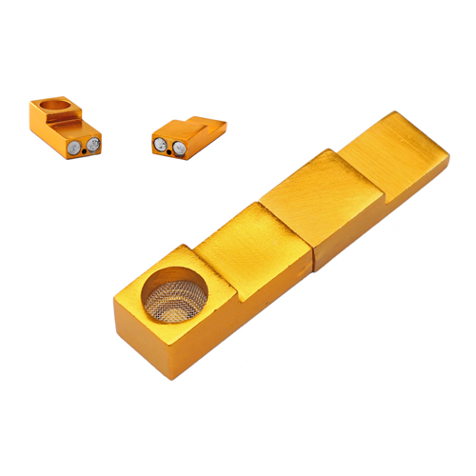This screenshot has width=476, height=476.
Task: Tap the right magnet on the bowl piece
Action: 93,144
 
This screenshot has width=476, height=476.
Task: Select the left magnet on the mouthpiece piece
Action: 160,145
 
